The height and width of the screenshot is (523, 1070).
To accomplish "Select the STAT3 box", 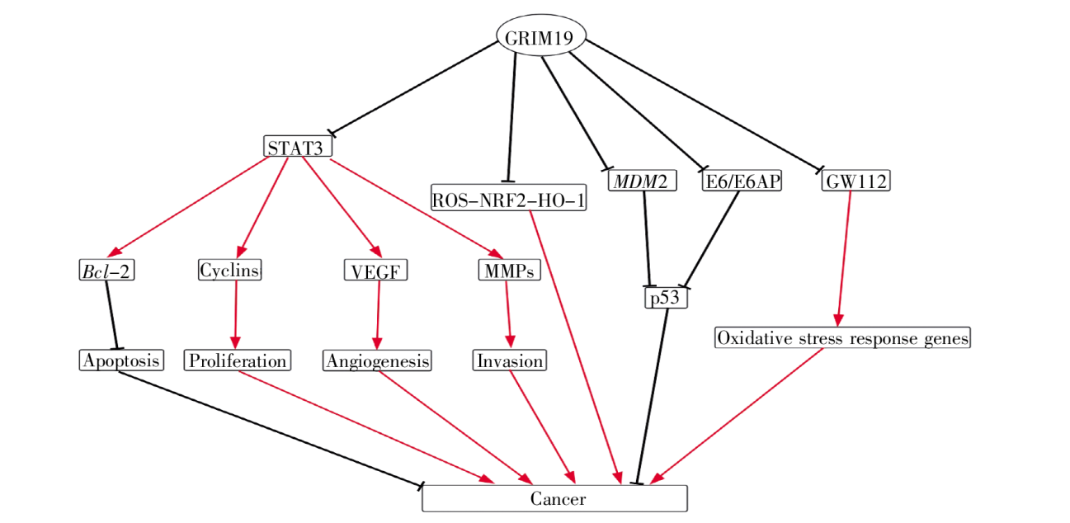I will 299,147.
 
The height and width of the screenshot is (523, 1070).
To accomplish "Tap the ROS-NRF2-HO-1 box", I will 509,198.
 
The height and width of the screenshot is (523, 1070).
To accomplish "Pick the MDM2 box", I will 642,181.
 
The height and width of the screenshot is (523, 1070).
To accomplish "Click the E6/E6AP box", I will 741,181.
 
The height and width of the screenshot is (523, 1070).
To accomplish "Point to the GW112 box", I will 856,181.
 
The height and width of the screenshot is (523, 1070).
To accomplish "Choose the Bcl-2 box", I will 106,271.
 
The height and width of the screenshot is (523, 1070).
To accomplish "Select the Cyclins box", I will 230,270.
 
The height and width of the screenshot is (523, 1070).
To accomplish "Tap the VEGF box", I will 376,271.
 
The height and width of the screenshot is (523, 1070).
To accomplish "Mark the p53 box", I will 665,298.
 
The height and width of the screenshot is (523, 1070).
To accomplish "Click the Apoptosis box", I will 121,360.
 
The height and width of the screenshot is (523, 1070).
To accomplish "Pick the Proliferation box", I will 238,360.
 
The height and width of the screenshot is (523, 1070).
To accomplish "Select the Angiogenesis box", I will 378,360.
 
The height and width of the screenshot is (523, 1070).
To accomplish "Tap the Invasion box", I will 510,360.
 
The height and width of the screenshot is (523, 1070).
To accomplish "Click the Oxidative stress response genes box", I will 842,337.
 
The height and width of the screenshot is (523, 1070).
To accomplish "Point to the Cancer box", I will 554,498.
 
